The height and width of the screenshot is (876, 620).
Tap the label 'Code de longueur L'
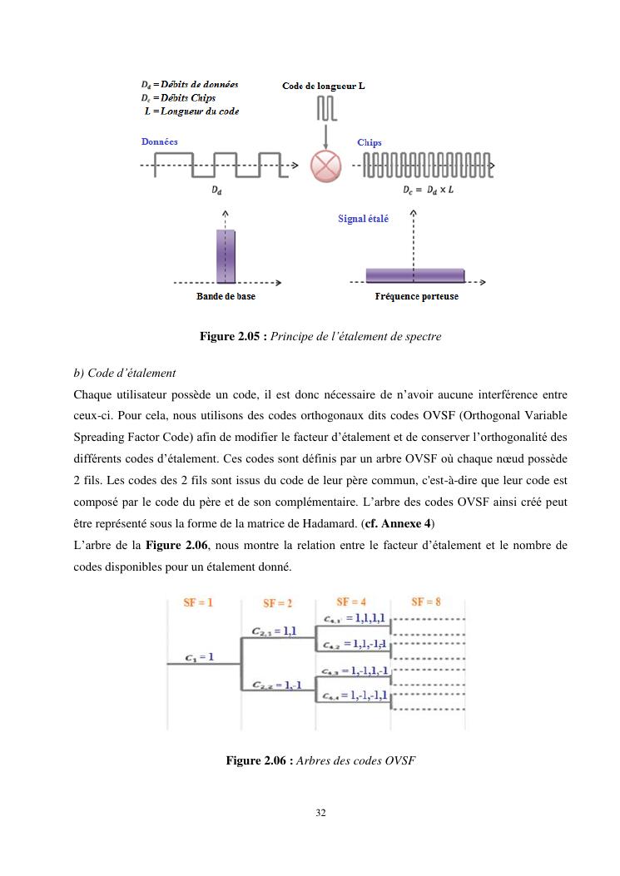coord(323,86)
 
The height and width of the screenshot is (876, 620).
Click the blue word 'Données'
coord(160,142)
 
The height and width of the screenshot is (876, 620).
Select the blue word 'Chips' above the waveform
coord(370,142)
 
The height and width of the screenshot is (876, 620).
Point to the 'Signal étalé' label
coord(363,219)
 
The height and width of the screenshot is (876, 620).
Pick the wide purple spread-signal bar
coord(414,275)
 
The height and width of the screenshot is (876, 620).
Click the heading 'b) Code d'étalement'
coord(124,374)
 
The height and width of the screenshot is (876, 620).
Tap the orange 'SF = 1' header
coord(198,602)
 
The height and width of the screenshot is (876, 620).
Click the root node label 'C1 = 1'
coord(200,656)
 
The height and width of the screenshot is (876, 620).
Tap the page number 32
coord(320,813)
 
